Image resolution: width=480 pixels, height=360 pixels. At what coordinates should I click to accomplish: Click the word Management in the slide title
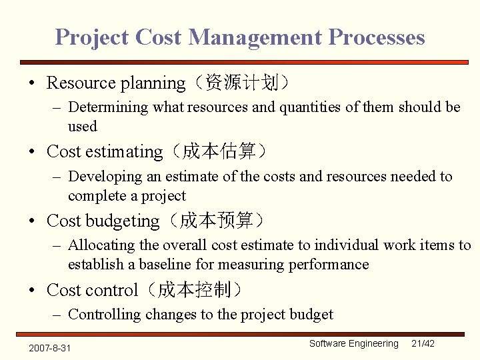click(x=254, y=37)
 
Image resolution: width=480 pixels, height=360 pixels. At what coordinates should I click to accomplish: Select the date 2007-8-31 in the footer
click(x=49, y=348)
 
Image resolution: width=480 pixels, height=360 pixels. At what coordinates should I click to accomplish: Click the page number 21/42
click(x=423, y=343)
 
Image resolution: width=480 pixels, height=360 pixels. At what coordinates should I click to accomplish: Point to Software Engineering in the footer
click(x=353, y=343)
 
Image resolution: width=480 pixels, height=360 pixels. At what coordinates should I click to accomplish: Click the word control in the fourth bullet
click(x=111, y=291)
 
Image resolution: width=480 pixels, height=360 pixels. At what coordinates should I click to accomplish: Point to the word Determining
click(x=109, y=107)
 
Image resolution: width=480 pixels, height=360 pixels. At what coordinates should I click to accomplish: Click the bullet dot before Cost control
click(x=32, y=291)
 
